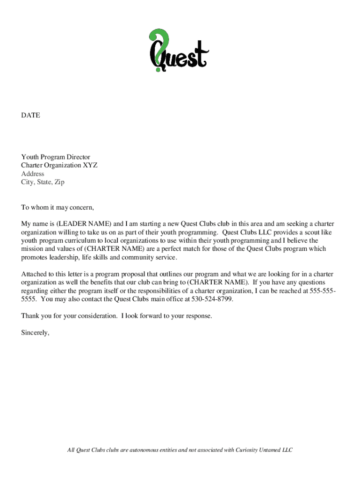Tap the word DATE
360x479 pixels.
30,115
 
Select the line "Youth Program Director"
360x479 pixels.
56,157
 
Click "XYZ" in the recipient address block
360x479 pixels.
90,166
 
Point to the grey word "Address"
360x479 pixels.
33,174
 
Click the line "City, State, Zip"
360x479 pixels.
43,182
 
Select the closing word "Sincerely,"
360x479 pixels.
36,333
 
